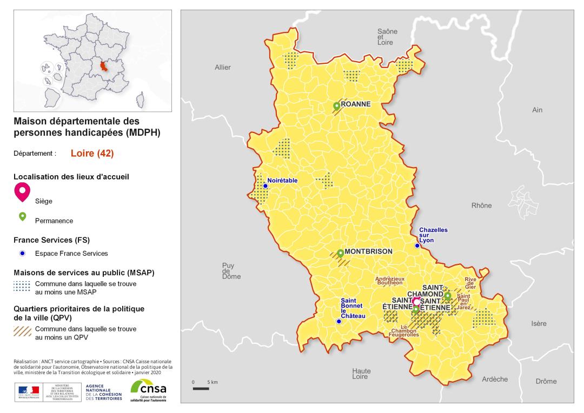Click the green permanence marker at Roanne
click(x=336, y=106)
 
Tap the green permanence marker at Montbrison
click(x=340, y=253)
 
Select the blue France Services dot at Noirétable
click(x=266, y=186)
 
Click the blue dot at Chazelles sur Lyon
click(x=417, y=245)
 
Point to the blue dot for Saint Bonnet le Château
click(x=339, y=321)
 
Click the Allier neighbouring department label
click(x=223, y=68)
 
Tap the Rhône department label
click(x=481, y=205)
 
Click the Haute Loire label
click(x=361, y=374)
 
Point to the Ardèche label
click(x=495, y=379)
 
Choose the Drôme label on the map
click(x=546, y=381)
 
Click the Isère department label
click(x=539, y=324)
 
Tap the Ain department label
click(x=537, y=110)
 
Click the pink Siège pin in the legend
click(x=23, y=191)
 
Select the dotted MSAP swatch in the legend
click(x=22, y=287)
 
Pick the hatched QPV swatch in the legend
click(x=22, y=331)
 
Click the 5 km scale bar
click(x=201, y=388)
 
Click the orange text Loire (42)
click(x=92, y=154)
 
